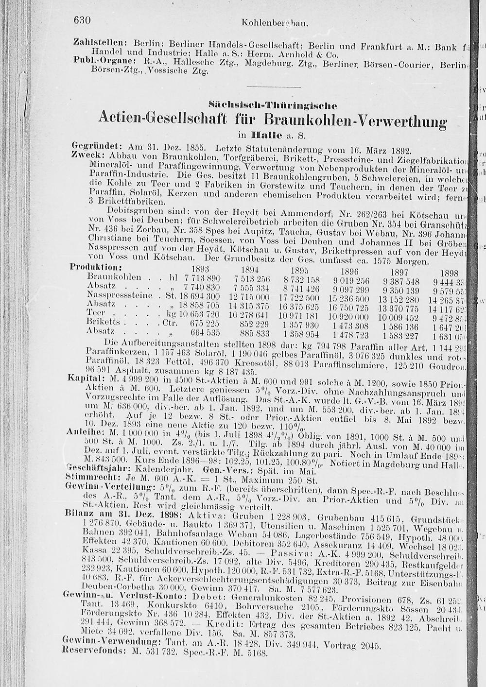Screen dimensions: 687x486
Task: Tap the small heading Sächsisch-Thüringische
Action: [272, 104]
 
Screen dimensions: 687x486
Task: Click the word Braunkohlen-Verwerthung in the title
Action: [355, 120]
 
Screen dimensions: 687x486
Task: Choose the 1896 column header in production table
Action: [349, 271]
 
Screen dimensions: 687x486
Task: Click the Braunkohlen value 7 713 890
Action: [202, 278]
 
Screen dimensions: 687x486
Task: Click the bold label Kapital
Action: [83, 378]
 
